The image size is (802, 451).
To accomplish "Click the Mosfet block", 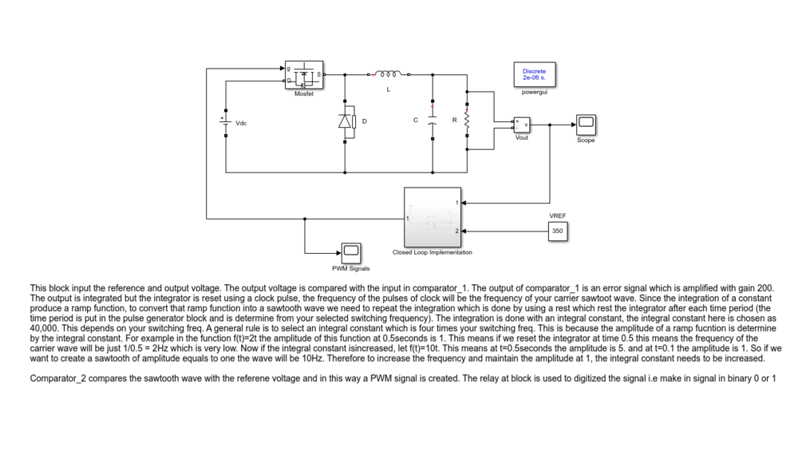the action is [304, 75].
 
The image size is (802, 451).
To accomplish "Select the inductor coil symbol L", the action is [388, 74].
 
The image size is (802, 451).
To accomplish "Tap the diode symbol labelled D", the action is [346, 121].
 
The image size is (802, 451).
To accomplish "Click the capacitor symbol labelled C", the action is [433, 121].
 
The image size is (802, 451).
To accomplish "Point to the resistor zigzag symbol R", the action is [467, 121].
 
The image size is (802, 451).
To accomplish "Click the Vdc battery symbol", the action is [226, 123].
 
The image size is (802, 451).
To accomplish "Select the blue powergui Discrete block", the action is [535, 75].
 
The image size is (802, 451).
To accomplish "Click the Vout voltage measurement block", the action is [522, 125].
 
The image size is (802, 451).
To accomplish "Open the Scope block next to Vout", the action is [586, 125].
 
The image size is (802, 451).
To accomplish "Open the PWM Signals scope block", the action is [351, 253].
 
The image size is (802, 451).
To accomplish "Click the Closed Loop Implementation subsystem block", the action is [433, 217].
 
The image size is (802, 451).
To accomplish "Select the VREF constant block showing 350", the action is [558, 231].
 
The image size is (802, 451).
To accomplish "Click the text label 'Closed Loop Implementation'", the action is [433, 252].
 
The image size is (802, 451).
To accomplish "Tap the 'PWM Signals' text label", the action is [351, 268].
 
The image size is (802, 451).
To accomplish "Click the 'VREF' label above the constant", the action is [558, 216].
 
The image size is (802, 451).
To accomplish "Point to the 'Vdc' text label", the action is [241, 123].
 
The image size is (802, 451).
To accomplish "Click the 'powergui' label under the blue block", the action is [535, 92].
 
